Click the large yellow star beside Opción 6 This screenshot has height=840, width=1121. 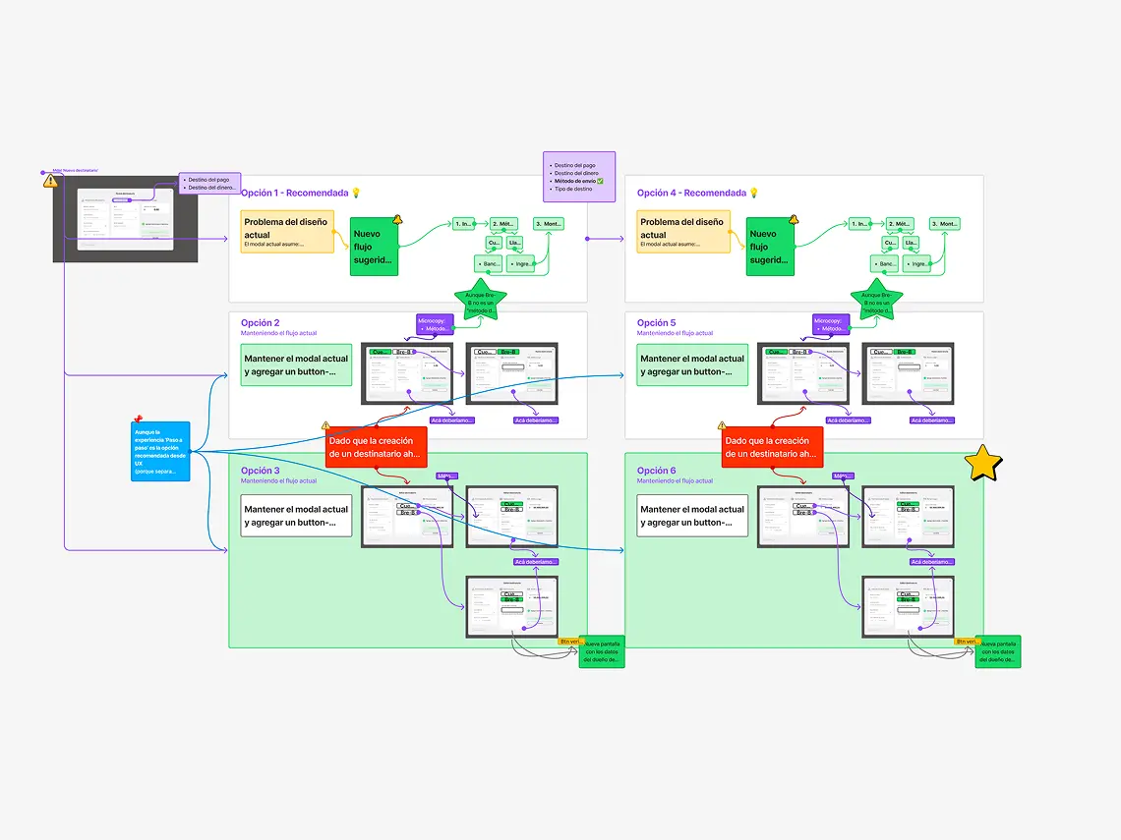point(982,464)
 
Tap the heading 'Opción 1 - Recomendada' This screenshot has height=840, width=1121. point(295,193)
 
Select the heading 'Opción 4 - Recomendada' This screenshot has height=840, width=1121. point(691,193)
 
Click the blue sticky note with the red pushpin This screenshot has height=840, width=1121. point(160,452)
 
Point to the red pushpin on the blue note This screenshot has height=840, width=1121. point(138,420)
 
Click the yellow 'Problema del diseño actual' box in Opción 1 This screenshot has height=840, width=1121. point(289,232)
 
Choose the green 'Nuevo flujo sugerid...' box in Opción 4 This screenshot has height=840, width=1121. point(770,247)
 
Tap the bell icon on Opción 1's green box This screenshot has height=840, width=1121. point(397,220)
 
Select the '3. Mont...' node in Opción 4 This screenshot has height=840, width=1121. point(946,224)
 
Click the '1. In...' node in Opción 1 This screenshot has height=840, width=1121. point(464,224)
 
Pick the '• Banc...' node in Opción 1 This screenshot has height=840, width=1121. point(489,263)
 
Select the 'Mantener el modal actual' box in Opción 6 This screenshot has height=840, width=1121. point(692,516)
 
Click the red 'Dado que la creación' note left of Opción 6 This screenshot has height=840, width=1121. point(772,447)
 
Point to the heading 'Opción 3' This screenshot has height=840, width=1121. point(261,471)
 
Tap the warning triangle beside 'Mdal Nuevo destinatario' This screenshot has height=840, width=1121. point(50,181)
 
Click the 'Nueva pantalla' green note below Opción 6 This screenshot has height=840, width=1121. point(998,651)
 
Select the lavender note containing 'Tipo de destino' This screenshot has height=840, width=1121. point(579,177)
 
